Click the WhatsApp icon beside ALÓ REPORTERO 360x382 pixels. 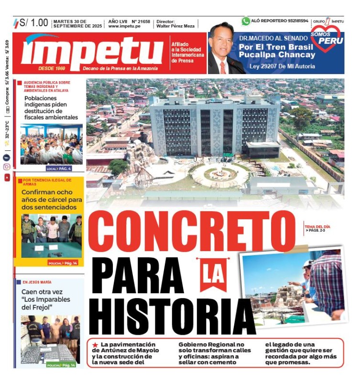point(246,21)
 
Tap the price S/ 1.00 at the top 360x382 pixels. point(34,22)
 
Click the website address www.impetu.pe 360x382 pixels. point(125,27)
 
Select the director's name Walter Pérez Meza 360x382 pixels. point(175,27)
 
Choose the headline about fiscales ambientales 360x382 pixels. point(51,107)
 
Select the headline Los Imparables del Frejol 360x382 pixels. point(46,299)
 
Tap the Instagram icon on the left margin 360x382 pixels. point(7,167)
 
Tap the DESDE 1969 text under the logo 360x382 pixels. point(52,68)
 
